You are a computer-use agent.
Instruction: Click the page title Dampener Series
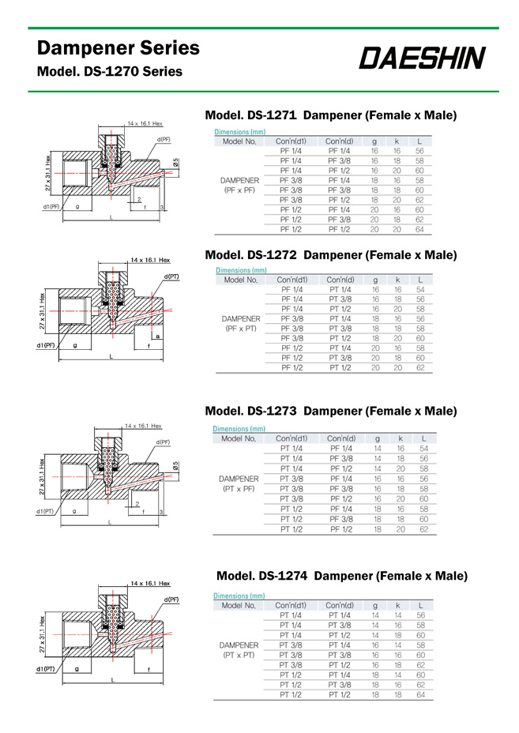click(118, 48)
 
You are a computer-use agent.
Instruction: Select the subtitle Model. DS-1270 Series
click(110, 72)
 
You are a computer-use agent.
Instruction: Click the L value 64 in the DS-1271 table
click(419, 229)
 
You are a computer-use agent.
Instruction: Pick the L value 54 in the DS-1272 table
click(420, 290)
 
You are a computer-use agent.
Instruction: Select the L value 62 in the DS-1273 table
click(424, 529)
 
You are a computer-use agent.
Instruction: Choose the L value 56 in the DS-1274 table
click(420, 615)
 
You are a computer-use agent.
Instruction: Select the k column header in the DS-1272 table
click(397, 280)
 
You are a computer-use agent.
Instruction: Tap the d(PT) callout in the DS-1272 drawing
click(171, 277)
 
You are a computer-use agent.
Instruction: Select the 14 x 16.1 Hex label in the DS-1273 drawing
click(144, 426)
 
